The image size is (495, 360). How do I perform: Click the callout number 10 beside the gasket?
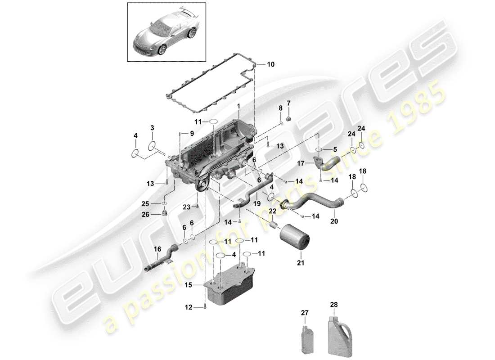(x=270, y=64)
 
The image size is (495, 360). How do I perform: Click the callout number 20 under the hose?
(x=333, y=221)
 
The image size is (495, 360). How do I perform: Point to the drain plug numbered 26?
(x=165, y=213)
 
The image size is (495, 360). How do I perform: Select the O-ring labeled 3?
(x=152, y=146)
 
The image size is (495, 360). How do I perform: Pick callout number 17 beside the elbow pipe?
(x=301, y=164)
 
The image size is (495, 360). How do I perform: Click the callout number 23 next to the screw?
(x=187, y=207)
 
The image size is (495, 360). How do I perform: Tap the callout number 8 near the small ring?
(x=280, y=108)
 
